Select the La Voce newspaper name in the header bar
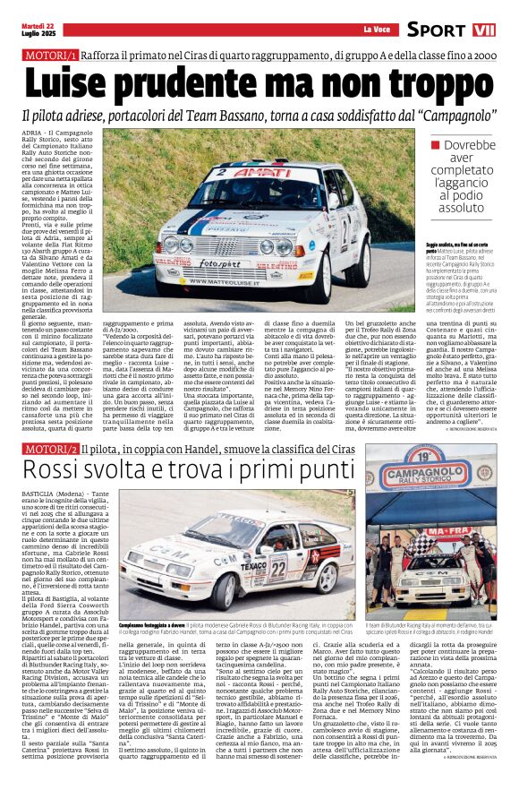click(x=376, y=30)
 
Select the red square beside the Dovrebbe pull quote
click(x=436, y=144)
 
